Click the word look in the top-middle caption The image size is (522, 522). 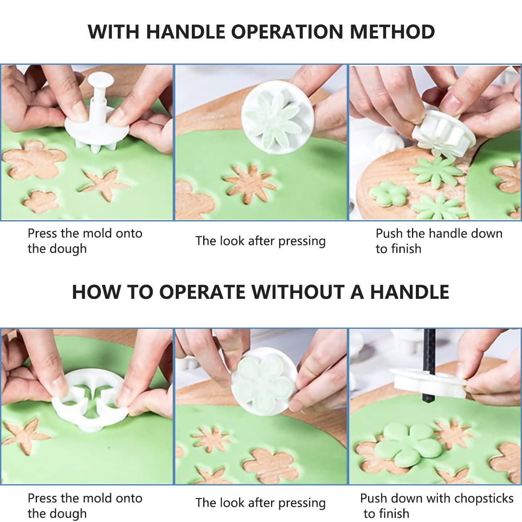(x=232, y=241)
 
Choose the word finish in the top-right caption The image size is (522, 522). (x=406, y=248)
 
